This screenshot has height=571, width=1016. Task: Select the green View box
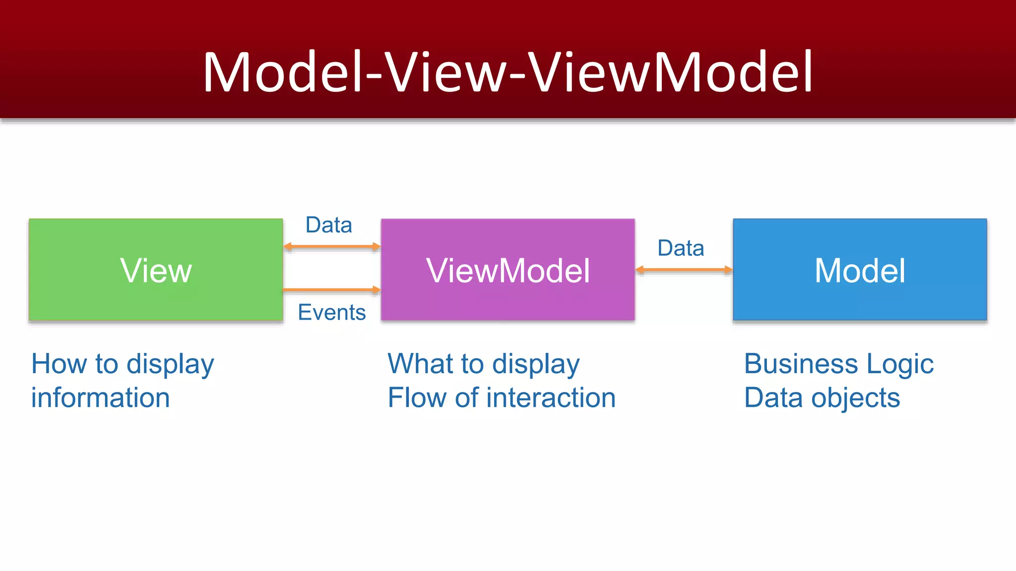tap(156, 270)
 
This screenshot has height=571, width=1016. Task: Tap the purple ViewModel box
tap(508, 270)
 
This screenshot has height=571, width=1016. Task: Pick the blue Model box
tap(860, 270)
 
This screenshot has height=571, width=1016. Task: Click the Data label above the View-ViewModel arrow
tap(328, 225)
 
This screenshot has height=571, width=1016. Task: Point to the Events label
tap(331, 312)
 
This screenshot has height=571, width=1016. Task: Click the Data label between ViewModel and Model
tap(681, 248)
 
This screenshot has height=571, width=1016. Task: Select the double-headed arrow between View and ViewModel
tap(331, 246)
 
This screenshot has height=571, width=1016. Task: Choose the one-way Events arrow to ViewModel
tap(331, 289)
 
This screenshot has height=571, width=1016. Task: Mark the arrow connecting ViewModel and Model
tap(684, 270)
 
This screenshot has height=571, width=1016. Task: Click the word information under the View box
tap(100, 398)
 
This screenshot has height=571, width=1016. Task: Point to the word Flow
tap(417, 398)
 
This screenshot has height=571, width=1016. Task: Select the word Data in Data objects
tap(773, 398)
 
